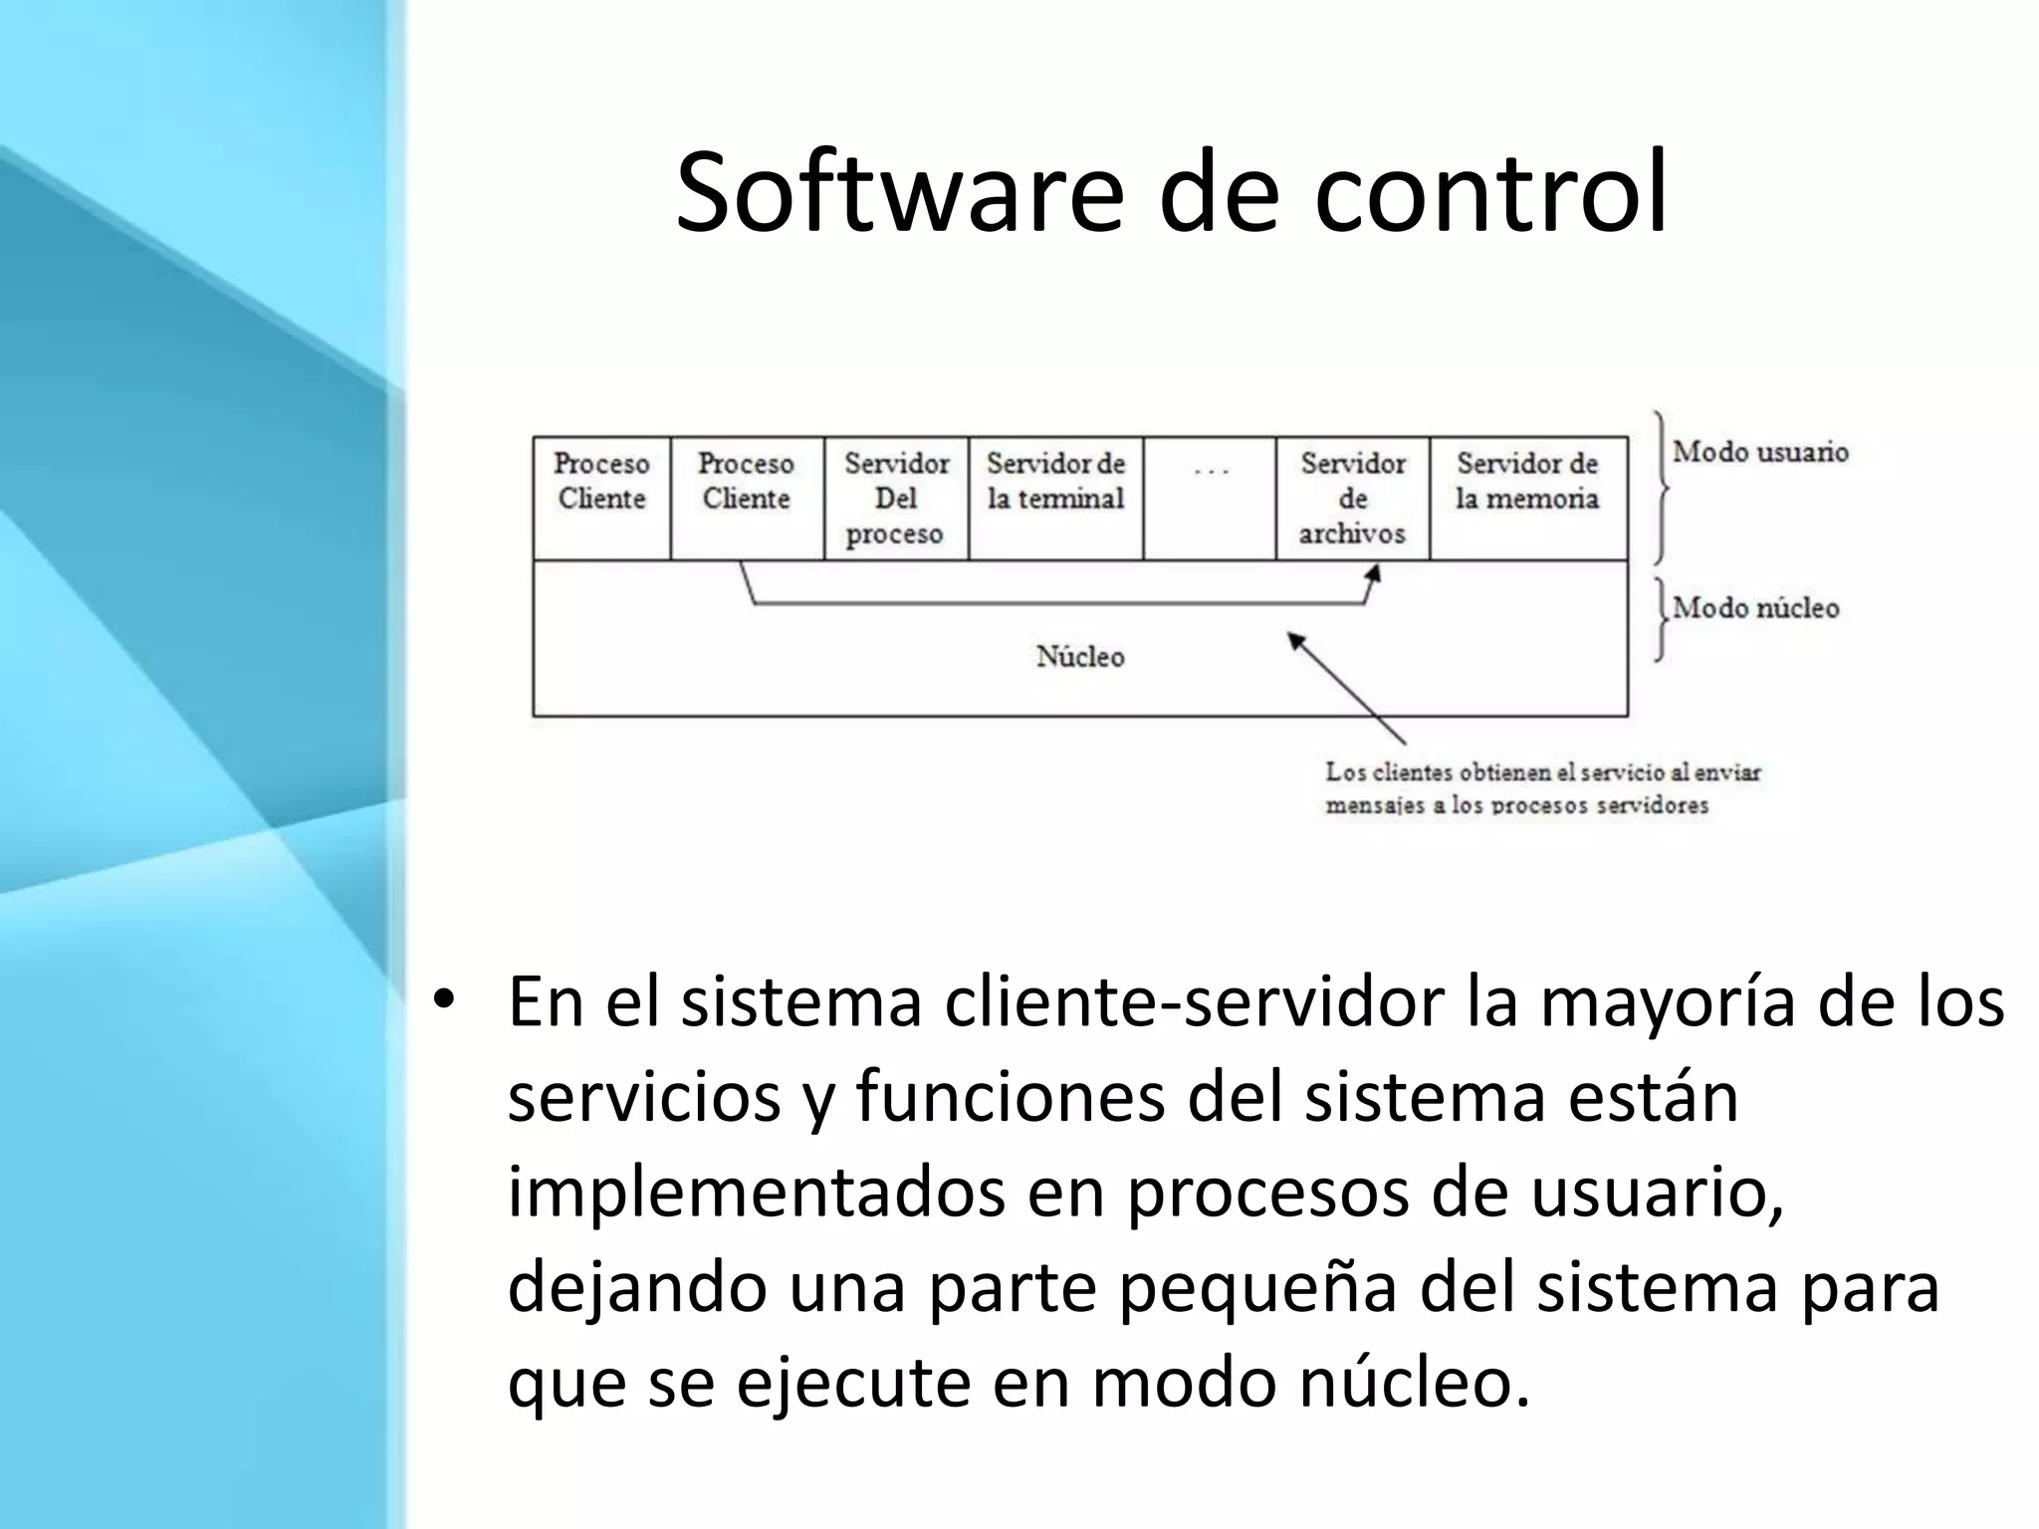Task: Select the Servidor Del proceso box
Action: click(896, 498)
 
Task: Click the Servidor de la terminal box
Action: click(1055, 498)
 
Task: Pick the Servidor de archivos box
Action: click(1352, 498)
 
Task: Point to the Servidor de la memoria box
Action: click(1528, 498)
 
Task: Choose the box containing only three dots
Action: click(1210, 498)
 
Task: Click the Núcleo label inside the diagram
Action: click(1080, 657)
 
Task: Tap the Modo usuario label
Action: click(1760, 452)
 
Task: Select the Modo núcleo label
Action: click(1756, 608)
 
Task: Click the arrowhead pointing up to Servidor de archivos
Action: click(1374, 574)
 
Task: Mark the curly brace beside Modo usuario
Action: click(1661, 488)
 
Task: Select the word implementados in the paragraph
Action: click(757, 1193)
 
